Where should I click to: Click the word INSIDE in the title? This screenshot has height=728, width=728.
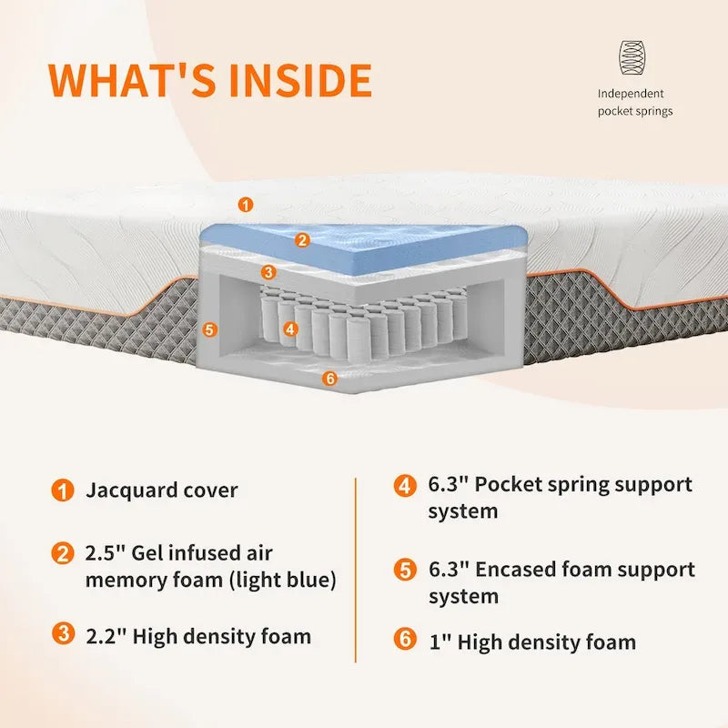(x=300, y=80)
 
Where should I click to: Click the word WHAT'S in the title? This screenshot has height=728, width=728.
(x=132, y=80)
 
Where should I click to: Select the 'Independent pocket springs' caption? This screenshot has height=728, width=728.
(x=634, y=102)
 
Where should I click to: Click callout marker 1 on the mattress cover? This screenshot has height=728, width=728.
(x=246, y=204)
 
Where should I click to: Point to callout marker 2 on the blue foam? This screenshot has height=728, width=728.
(x=302, y=240)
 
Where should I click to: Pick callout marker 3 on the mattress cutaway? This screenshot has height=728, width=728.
(x=268, y=272)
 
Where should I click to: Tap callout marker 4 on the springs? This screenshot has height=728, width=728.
(x=290, y=329)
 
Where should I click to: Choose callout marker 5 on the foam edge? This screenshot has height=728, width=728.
(x=210, y=330)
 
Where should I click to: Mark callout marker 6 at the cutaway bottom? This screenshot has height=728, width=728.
(x=330, y=379)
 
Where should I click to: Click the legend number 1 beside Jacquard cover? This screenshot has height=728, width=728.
(x=63, y=490)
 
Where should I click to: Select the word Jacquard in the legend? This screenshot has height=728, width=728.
(x=131, y=490)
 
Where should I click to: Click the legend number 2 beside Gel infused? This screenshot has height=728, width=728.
(x=63, y=553)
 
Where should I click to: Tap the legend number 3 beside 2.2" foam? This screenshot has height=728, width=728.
(x=63, y=633)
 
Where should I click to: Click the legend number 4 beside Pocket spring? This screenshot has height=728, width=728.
(x=405, y=486)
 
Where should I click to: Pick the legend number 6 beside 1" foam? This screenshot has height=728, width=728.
(x=405, y=639)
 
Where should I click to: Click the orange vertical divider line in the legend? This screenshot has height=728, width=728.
(x=356, y=571)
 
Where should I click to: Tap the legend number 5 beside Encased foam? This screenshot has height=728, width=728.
(x=405, y=571)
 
